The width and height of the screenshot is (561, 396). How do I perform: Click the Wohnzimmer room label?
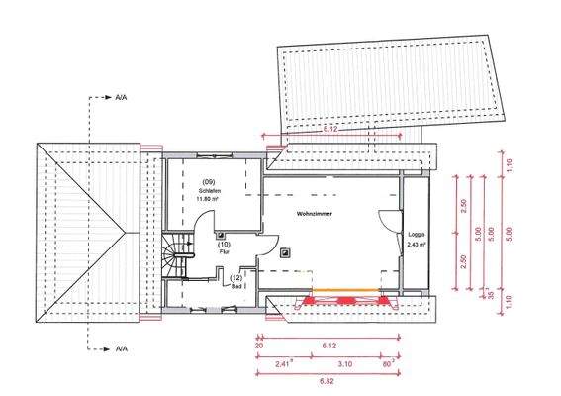coord(315,213)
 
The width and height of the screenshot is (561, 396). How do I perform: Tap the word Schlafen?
coord(209,191)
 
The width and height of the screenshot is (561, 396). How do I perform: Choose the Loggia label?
coord(416,235)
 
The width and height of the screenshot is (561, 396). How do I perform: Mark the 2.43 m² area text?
coord(416,244)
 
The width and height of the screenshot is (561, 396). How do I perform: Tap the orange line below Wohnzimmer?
coord(346,294)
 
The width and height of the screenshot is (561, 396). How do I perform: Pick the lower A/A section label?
coord(121,349)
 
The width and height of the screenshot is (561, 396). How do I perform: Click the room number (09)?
coord(209,182)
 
